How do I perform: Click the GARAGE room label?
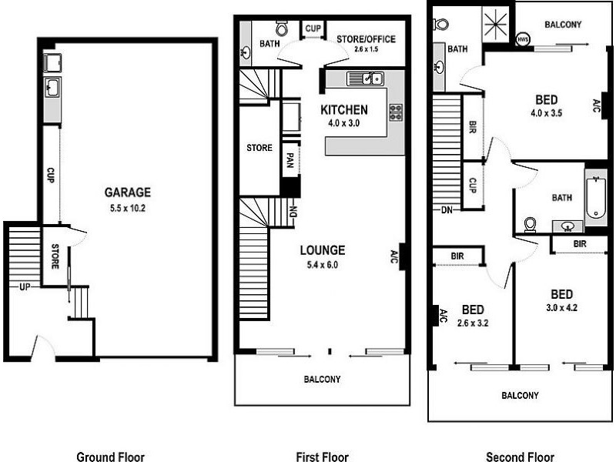[x=128, y=192]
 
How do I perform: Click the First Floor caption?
[x=322, y=457]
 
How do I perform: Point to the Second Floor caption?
[x=520, y=457]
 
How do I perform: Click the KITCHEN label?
[x=343, y=109]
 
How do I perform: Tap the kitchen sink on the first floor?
[x=365, y=78]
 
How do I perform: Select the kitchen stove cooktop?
[x=396, y=112]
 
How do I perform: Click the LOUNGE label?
[x=322, y=250]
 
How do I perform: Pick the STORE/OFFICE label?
[x=366, y=39]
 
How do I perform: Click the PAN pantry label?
[x=290, y=159]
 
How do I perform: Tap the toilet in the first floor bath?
[x=282, y=29]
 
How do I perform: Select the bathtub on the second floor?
[x=596, y=197]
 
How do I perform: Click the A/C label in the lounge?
[x=394, y=256]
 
